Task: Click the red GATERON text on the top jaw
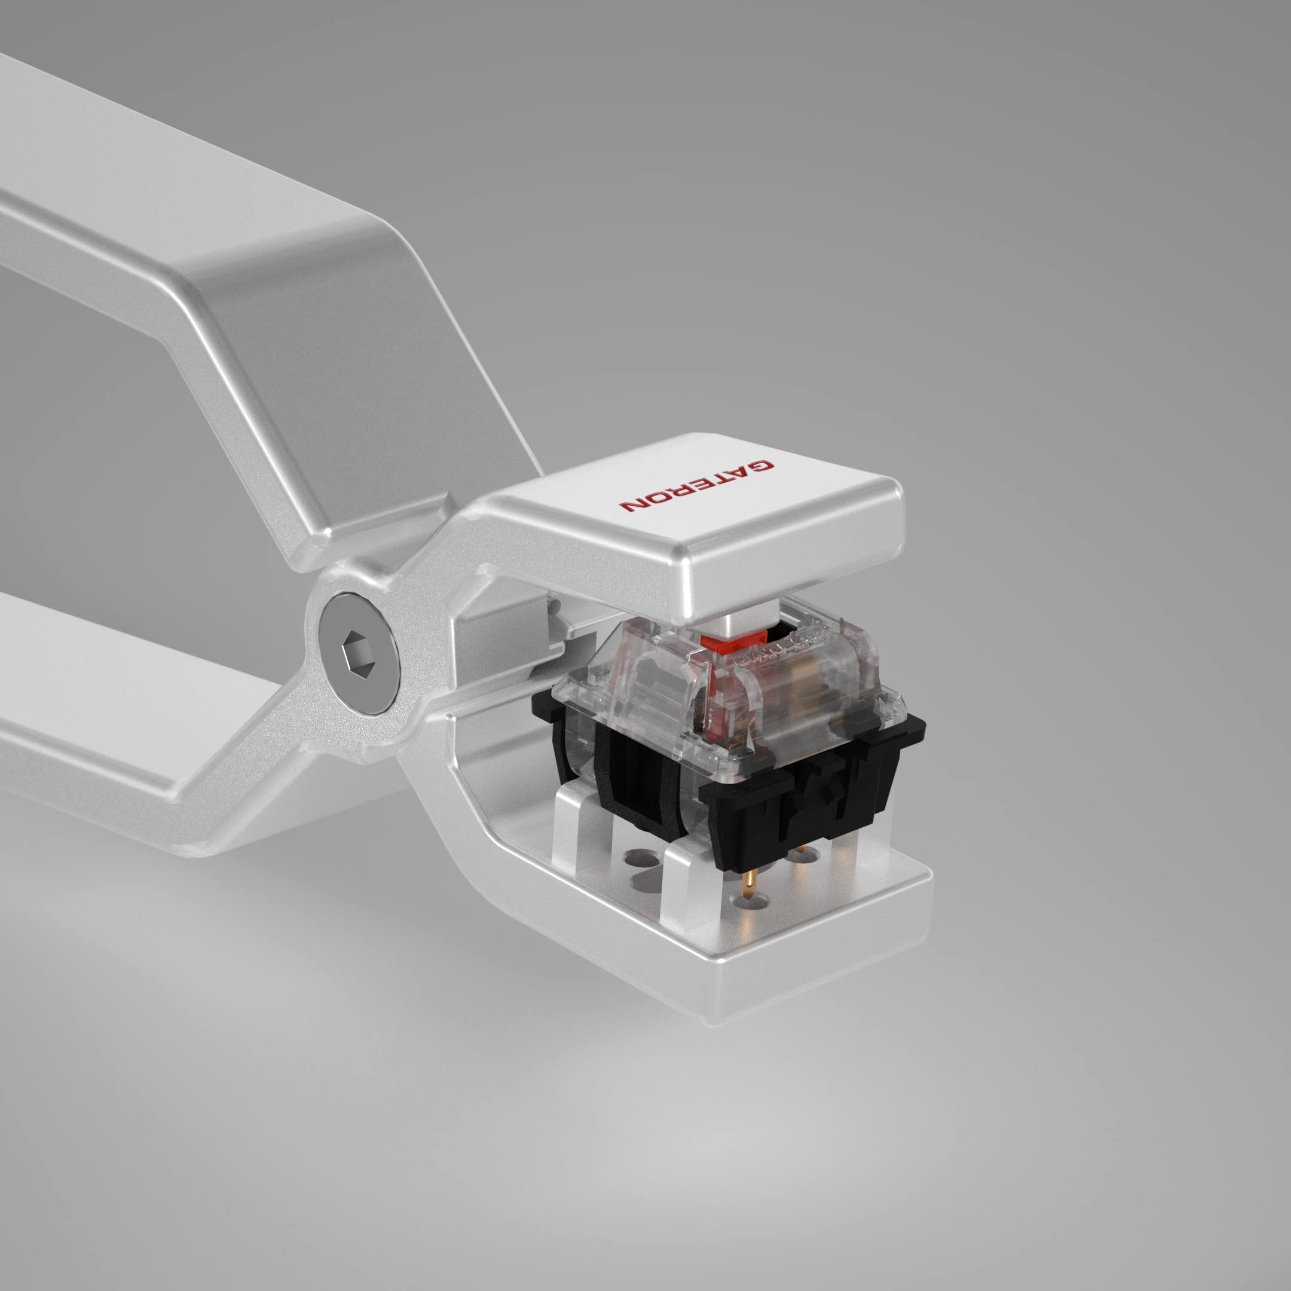tap(696, 485)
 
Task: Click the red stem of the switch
tap(723, 645)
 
